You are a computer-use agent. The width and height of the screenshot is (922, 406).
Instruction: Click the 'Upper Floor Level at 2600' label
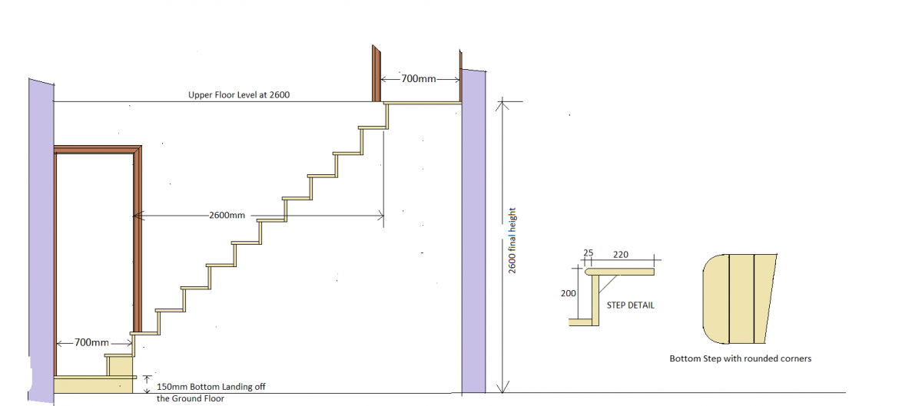point(239,95)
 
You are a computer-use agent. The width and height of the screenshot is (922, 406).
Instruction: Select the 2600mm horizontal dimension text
point(227,215)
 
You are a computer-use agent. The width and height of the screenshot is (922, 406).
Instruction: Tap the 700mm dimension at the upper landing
point(418,78)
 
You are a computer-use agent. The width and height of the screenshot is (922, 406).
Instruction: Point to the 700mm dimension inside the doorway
point(91,342)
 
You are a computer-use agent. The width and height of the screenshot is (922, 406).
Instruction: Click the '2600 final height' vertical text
point(512,241)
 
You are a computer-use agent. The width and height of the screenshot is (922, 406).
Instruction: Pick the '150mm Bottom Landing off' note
point(211,387)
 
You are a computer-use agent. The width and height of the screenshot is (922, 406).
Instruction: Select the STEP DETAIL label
point(630,305)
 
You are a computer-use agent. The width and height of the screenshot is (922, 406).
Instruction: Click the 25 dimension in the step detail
point(589,253)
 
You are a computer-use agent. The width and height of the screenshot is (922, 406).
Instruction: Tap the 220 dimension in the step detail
point(621,255)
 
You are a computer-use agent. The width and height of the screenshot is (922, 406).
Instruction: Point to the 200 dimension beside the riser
point(568,293)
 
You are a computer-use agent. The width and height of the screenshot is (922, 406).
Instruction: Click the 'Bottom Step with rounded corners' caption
point(740,358)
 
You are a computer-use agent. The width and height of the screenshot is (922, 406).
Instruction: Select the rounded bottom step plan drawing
point(739,299)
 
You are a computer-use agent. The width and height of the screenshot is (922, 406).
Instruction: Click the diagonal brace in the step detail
point(608,284)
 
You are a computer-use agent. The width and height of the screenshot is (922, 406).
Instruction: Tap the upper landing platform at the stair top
point(423,103)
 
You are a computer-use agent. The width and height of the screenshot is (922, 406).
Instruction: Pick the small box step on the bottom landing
point(119,365)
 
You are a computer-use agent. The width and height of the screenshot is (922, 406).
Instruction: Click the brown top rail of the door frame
point(98,150)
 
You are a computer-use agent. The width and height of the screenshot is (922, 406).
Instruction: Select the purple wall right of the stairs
point(473,231)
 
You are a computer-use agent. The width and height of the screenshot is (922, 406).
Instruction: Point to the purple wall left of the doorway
point(41,241)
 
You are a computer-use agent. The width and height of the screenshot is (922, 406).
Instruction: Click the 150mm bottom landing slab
point(93,385)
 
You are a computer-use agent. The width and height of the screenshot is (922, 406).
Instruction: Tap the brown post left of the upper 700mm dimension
point(376,73)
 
